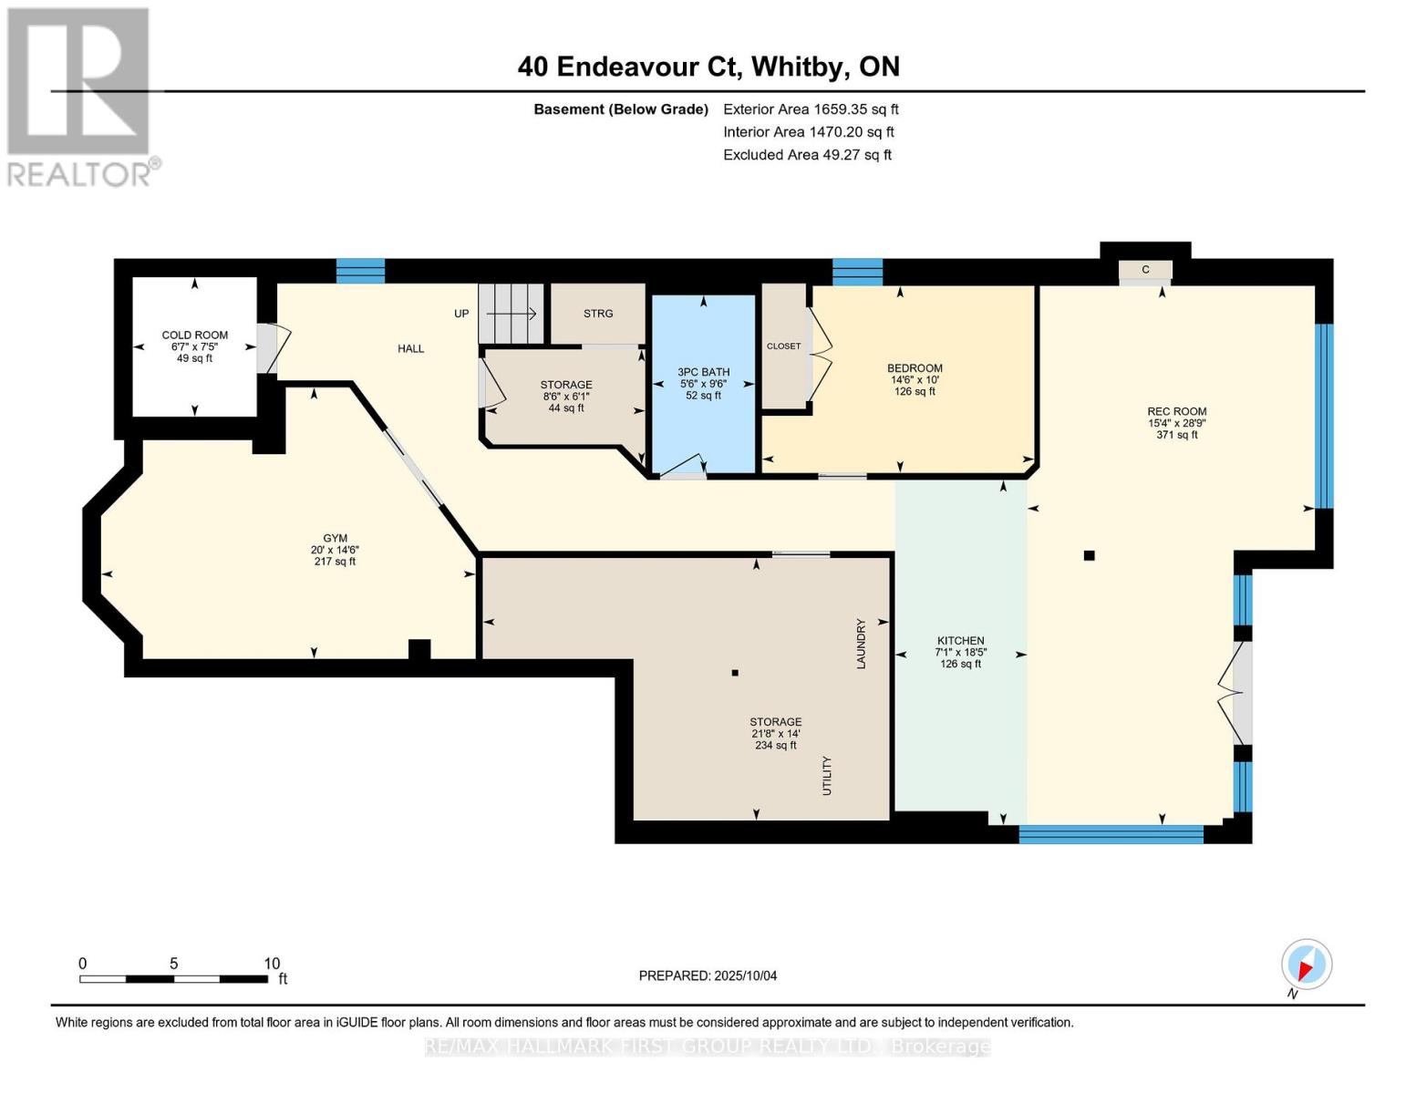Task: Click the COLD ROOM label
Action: pyautogui.click(x=194, y=335)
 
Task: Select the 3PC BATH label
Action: pyautogui.click(x=703, y=372)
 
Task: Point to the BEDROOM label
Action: pyautogui.click(x=915, y=368)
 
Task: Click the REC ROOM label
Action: pyautogui.click(x=1176, y=411)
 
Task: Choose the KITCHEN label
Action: pyautogui.click(x=960, y=641)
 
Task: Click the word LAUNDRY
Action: pyautogui.click(x=861, y=644)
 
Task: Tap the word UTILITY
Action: pyautogui.click(x=827, y=776)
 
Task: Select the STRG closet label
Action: pyautogui.click(x=598, y=314)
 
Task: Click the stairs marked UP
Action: pyautogui.click(x=511, y=314)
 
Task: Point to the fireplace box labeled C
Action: pyautogui.click(x=1145, y=270)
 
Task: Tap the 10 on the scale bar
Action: pyautogui.click(x=272, y=964)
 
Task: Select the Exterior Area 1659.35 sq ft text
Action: pyautogui.click(x=811, y=109)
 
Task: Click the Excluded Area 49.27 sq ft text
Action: pyautogui.click(x=807, y=155)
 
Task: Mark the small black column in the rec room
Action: pyautogui.click(x=1089, y=555)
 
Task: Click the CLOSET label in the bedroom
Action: pyautogui.click(x=783, y=346)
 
